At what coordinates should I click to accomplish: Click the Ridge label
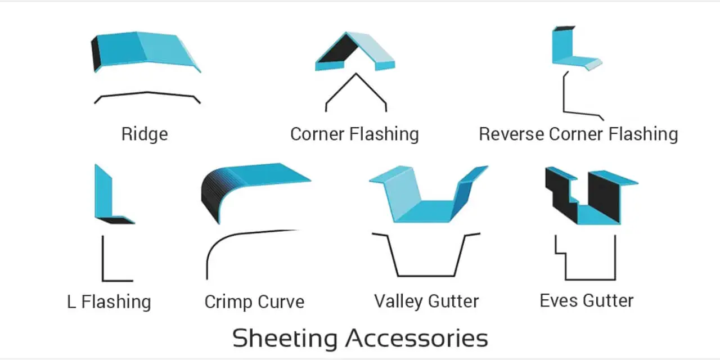click(x=145, y=134)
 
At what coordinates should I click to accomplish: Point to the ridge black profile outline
click(x=147, y=93)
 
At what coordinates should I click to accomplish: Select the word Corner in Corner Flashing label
click(x=317, y=134)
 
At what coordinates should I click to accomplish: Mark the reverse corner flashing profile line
click(x=564, y=96)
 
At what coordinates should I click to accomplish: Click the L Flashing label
click(x=109, y=301)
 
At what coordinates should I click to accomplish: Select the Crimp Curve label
click(x=254, y=302)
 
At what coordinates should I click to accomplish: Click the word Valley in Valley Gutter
click(x=399, y=301)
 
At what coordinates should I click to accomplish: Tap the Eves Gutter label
click(x=587, y=301)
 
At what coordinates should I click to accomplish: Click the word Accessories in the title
click(x=417, y=338)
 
